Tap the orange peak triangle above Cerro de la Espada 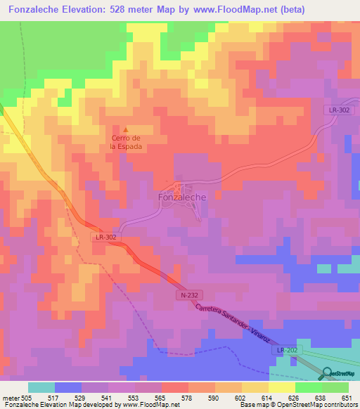[x=126, y=129]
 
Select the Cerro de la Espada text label [x=126, y=143]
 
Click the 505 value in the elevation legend [x=27, y=397]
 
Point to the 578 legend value [x=188, y=397]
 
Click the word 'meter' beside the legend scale [x=11, y=397]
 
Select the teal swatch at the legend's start [x=41, y=387]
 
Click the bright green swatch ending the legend [x=335, y=387]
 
